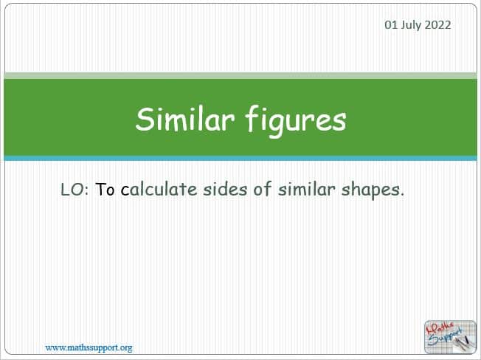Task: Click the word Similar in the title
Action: [x=185, y=119]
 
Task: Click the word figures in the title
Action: [x=296, y=122]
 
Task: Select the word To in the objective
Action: [x=105, y=189]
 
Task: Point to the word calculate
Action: [x=159, y=189]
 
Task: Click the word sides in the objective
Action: [x=225, y=189]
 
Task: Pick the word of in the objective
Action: [x=263, y=189]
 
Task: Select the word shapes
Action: [x=370, y=190]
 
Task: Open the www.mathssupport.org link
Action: [x=89, y=347]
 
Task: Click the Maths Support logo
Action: [x=450, y=336]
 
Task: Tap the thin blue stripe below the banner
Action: [x=240, y=158]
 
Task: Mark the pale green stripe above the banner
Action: [x=240, y=76]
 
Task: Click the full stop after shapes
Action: [x=402, y=195]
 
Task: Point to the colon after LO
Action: [x=86, y=191]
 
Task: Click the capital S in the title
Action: [x=145, y=120]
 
